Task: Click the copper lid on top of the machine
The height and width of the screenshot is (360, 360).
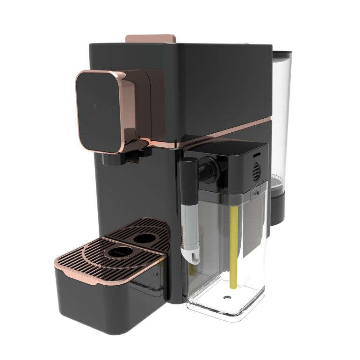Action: (x=151, y=37)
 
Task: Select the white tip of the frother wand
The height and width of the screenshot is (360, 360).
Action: (x=191, y=255)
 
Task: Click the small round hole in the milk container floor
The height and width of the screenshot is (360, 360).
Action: (x=228, y=298)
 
